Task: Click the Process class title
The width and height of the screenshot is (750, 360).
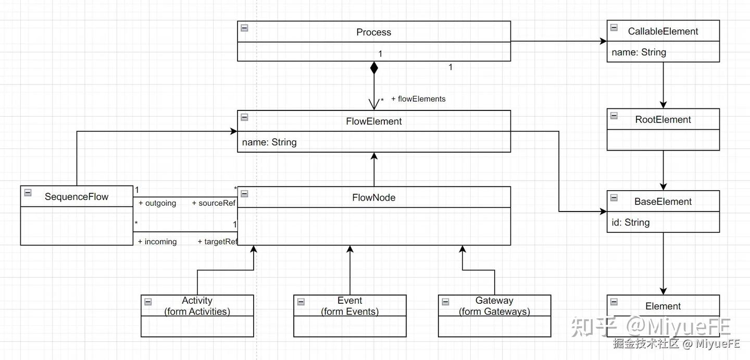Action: click(x=373, y=32)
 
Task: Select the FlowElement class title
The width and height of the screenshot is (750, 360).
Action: click(x=373, y=121)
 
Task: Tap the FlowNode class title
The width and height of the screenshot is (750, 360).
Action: click(x=373, y=197)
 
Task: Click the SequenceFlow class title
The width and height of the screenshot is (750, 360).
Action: click(x=77, y=196)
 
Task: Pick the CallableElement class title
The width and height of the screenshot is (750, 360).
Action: click(x=663, y=31)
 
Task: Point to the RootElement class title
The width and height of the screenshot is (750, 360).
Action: click(x=663, y=119)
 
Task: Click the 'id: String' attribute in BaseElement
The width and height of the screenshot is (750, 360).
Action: click(x=630, y=222)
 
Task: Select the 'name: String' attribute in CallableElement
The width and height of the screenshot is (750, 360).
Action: click(x=639, y=52)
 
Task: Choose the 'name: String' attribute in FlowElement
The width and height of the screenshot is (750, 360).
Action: click(x=269, y=142)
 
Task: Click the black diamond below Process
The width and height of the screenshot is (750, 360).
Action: click(x=374, y=68)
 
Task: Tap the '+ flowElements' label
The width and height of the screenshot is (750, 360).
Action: click(x=418, y=99)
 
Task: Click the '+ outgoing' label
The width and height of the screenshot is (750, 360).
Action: click(x=157, y=203)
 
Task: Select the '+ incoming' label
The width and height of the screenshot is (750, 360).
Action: click(x=157, y=242)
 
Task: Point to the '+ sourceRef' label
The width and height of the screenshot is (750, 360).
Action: click(x=214, y=203)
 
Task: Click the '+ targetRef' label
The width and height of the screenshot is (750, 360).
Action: click(x=217, y=242)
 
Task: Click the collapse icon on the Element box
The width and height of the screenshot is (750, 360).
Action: click(x=614, y=302)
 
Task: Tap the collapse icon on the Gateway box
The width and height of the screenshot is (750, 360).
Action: click(x=445, y=302)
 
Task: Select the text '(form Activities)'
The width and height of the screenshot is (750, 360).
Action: click(x=197, y=312)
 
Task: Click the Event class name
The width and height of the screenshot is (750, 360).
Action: click(x=349, y=301)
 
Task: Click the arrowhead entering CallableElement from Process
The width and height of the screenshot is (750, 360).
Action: click(x=604, y=42)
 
